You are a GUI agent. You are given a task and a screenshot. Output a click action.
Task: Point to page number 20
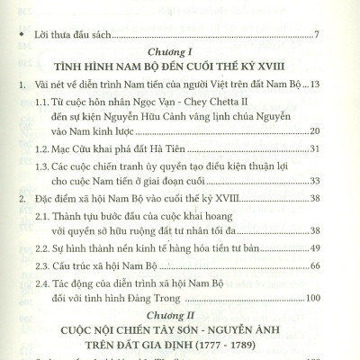tap(329, 130)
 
